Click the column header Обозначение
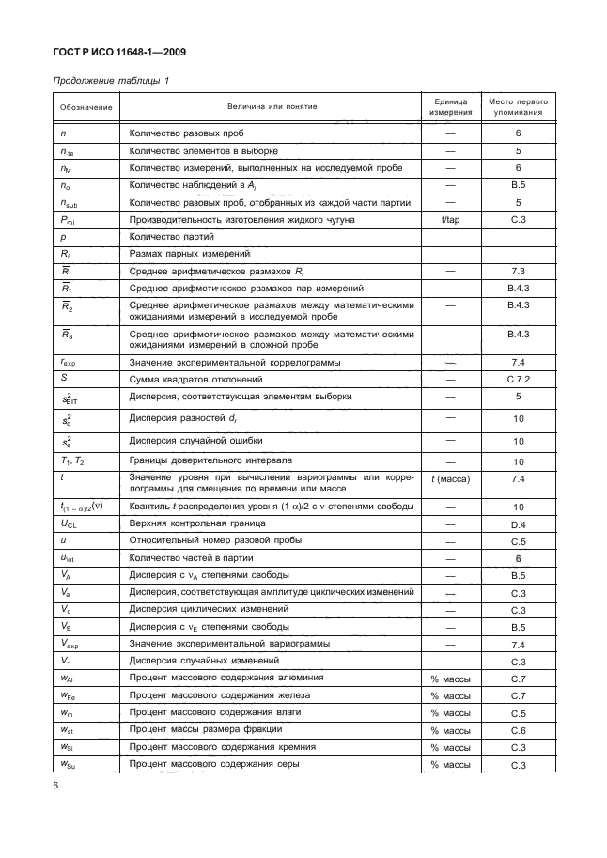[x=86, y=107]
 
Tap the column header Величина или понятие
[x=272, y=107]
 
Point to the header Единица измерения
[x=449, y=106]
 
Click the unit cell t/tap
[x=449, y=220]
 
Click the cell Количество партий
[x=170, y=237]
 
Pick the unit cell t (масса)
[x=449, y=479]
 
